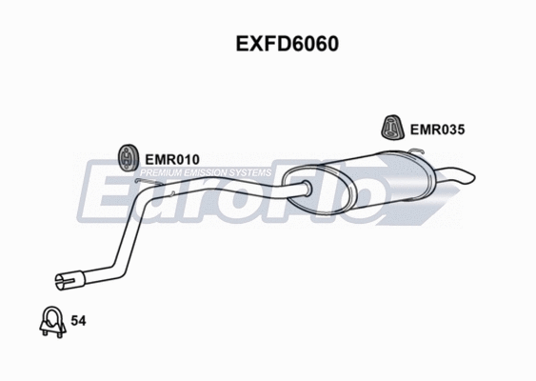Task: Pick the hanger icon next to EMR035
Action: click(390, 125)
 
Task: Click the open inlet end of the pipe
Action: click(64, 281)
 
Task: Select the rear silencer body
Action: click(381, 180)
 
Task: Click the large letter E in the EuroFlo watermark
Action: click(100, 195)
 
